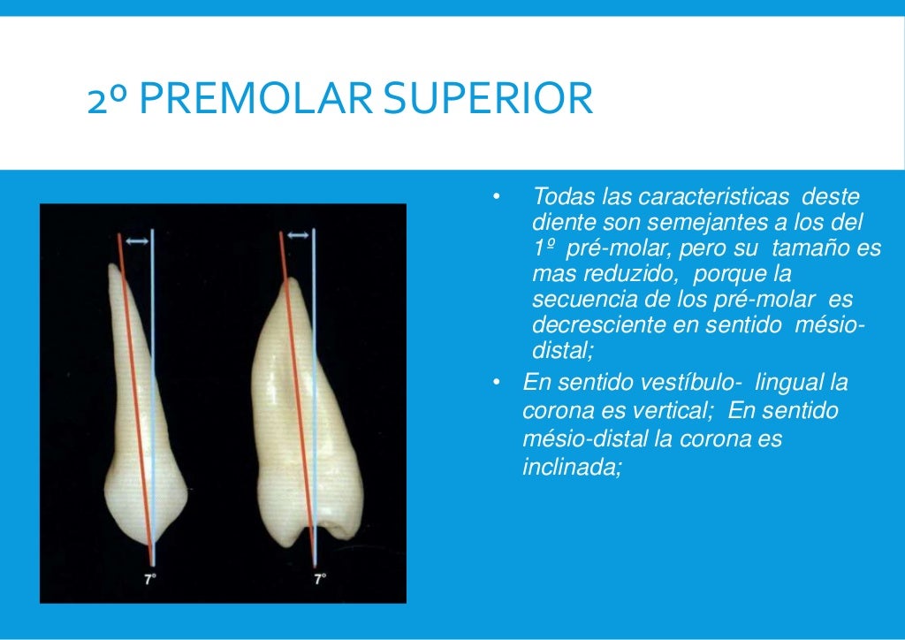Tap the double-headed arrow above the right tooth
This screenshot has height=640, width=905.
(x=299, y=235)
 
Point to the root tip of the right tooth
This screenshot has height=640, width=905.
(x=290, y=283)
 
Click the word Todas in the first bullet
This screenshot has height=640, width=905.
(x=563, y=196)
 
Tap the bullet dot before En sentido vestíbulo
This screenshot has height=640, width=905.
(x=497, y=384)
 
